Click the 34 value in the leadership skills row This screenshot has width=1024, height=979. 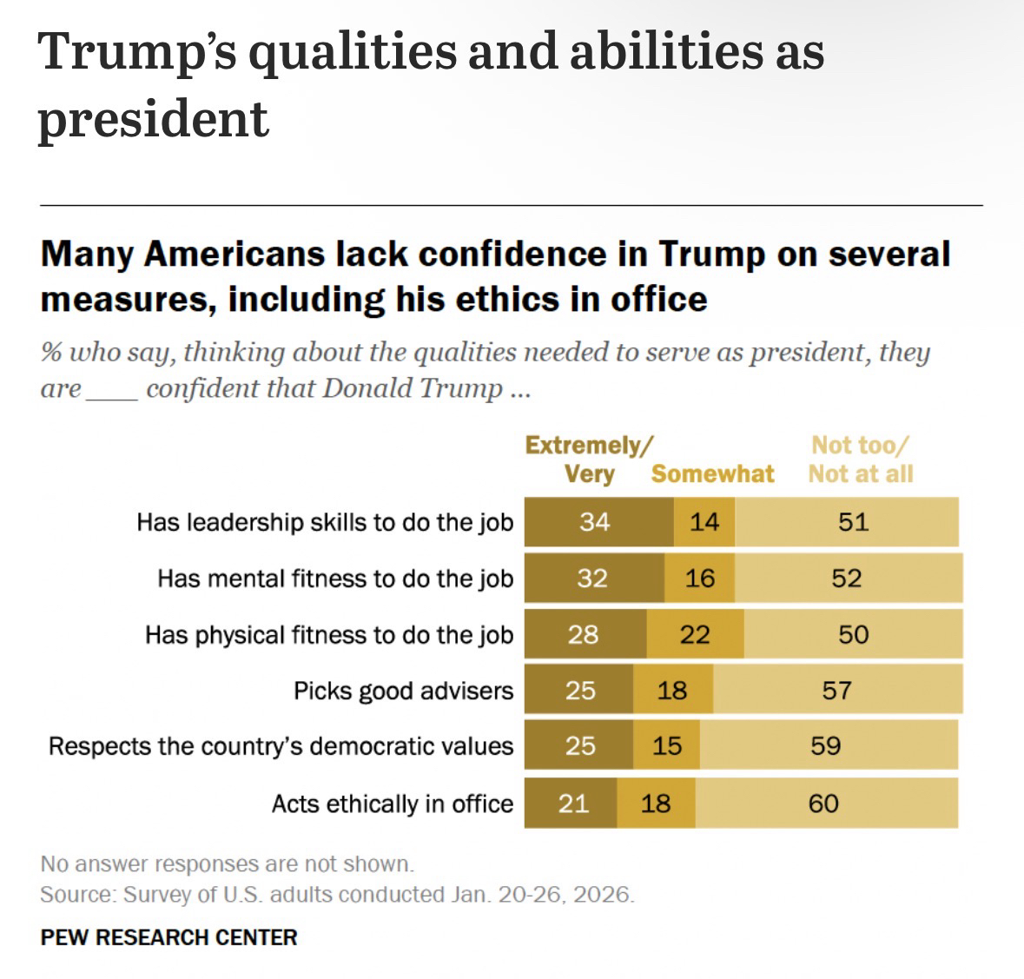(x=595, y=522)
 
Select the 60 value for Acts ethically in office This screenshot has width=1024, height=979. (x=823, y=804)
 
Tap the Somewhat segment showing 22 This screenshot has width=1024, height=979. (x=695, y=635)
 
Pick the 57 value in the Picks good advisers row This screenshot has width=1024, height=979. (x=836, y=691)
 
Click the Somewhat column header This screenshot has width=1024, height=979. (x=712, y=473)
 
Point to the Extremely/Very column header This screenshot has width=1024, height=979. (x=589, y=460)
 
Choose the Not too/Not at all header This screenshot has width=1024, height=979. (x=861, y=460)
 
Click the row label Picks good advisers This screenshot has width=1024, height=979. (x=404, y=691)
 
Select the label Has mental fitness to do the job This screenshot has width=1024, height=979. (x=335, y=579)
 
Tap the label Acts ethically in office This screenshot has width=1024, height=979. (x=393, y=804)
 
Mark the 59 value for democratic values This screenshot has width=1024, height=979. (x=826, y=746)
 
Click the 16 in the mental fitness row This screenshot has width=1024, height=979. (x=700, y=579)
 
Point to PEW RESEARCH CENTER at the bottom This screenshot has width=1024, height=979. (x=168, y=937)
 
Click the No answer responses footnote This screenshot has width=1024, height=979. (x=227, y=863)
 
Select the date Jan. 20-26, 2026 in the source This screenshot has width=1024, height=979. (x=543, y=895)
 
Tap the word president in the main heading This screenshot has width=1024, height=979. (x=153, y=119)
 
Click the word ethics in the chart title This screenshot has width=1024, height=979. (x=487, y=299)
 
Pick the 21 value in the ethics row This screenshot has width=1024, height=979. (x=573, y=804)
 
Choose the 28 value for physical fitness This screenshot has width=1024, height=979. (x=583, y=635)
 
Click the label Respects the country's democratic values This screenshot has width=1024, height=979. (x=281, y=746)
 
